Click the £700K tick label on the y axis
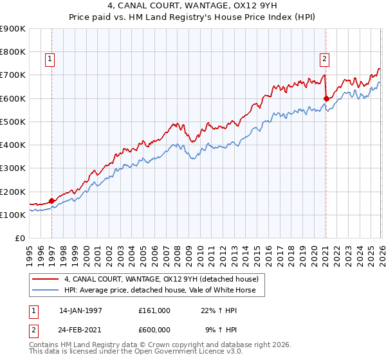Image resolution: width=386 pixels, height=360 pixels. tap(12, 75)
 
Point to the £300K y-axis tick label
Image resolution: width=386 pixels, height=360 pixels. tap(12, 168)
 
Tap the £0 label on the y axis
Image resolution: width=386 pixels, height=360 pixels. tap(19, 239)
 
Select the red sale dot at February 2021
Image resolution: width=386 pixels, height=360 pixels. tap(326, 98)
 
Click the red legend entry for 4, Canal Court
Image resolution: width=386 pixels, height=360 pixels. tap(161, 279)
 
